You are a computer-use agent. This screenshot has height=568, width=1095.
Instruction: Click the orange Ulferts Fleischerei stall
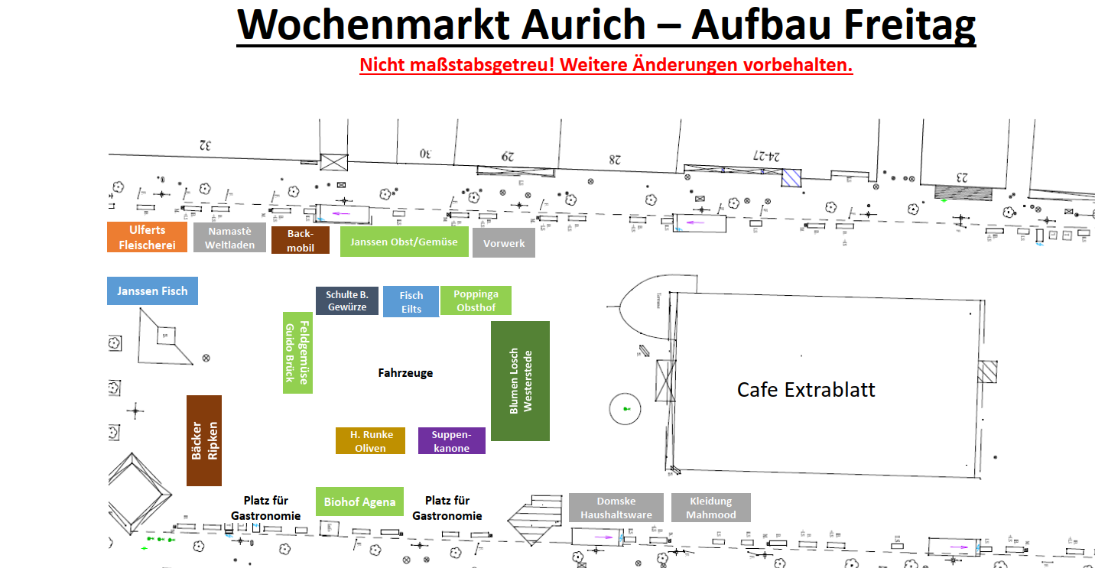point(147,237)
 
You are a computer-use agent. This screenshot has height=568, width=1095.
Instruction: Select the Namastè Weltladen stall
point(229,237)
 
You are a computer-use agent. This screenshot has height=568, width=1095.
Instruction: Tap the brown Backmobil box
point(301,240)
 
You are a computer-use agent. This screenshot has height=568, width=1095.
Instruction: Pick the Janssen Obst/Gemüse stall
point(404,242)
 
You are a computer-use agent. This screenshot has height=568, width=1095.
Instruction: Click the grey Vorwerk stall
point(504,243)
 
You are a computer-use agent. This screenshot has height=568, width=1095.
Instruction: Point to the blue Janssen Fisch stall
point(152,290)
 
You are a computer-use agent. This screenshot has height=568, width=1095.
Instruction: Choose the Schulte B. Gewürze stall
point(347,300)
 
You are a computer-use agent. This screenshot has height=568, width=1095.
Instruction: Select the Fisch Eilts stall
point(411,302)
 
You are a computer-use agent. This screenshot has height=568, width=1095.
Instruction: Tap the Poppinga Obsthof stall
point(476,300)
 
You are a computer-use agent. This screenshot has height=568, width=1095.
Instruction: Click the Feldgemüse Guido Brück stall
point(297,352)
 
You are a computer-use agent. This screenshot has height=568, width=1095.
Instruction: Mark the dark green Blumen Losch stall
point(520,381)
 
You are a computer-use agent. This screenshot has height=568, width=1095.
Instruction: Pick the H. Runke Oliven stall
point(371,440)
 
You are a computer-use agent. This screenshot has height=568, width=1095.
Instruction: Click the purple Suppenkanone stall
point(452,440)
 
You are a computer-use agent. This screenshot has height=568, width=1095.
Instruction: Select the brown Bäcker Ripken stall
point(204,440)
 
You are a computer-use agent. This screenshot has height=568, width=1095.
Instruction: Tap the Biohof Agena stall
point(359,501)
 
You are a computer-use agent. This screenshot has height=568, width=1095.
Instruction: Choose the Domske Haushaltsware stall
point(616,508)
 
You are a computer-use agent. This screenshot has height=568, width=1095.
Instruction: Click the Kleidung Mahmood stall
point(710,508)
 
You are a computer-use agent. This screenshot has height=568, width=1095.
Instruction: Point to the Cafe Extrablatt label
point(806,390)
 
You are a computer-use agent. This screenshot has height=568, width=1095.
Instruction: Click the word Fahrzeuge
point(405,373)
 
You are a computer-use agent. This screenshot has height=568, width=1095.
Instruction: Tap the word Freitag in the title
point(909,24)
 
